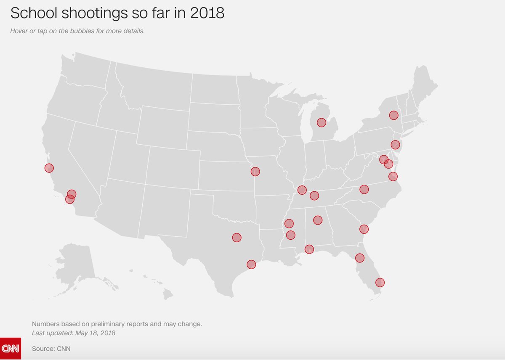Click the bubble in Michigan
point(322,122)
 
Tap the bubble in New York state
point(393,115)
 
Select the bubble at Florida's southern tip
point(380,282)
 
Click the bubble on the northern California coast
point(49,168)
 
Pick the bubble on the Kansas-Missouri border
point(255,171)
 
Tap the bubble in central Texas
point(237,238)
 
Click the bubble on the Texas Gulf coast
point(251,264)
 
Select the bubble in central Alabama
point(318,220)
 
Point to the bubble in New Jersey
point(395,144)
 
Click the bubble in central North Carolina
point(364,189)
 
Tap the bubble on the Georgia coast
point(364,229)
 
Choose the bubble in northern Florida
point(359,258)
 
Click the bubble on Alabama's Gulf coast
point(309,249)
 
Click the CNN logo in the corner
point(10,349)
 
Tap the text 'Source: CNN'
point(48,349)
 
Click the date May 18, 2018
point(95,333)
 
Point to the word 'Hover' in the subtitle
point(19,31)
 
